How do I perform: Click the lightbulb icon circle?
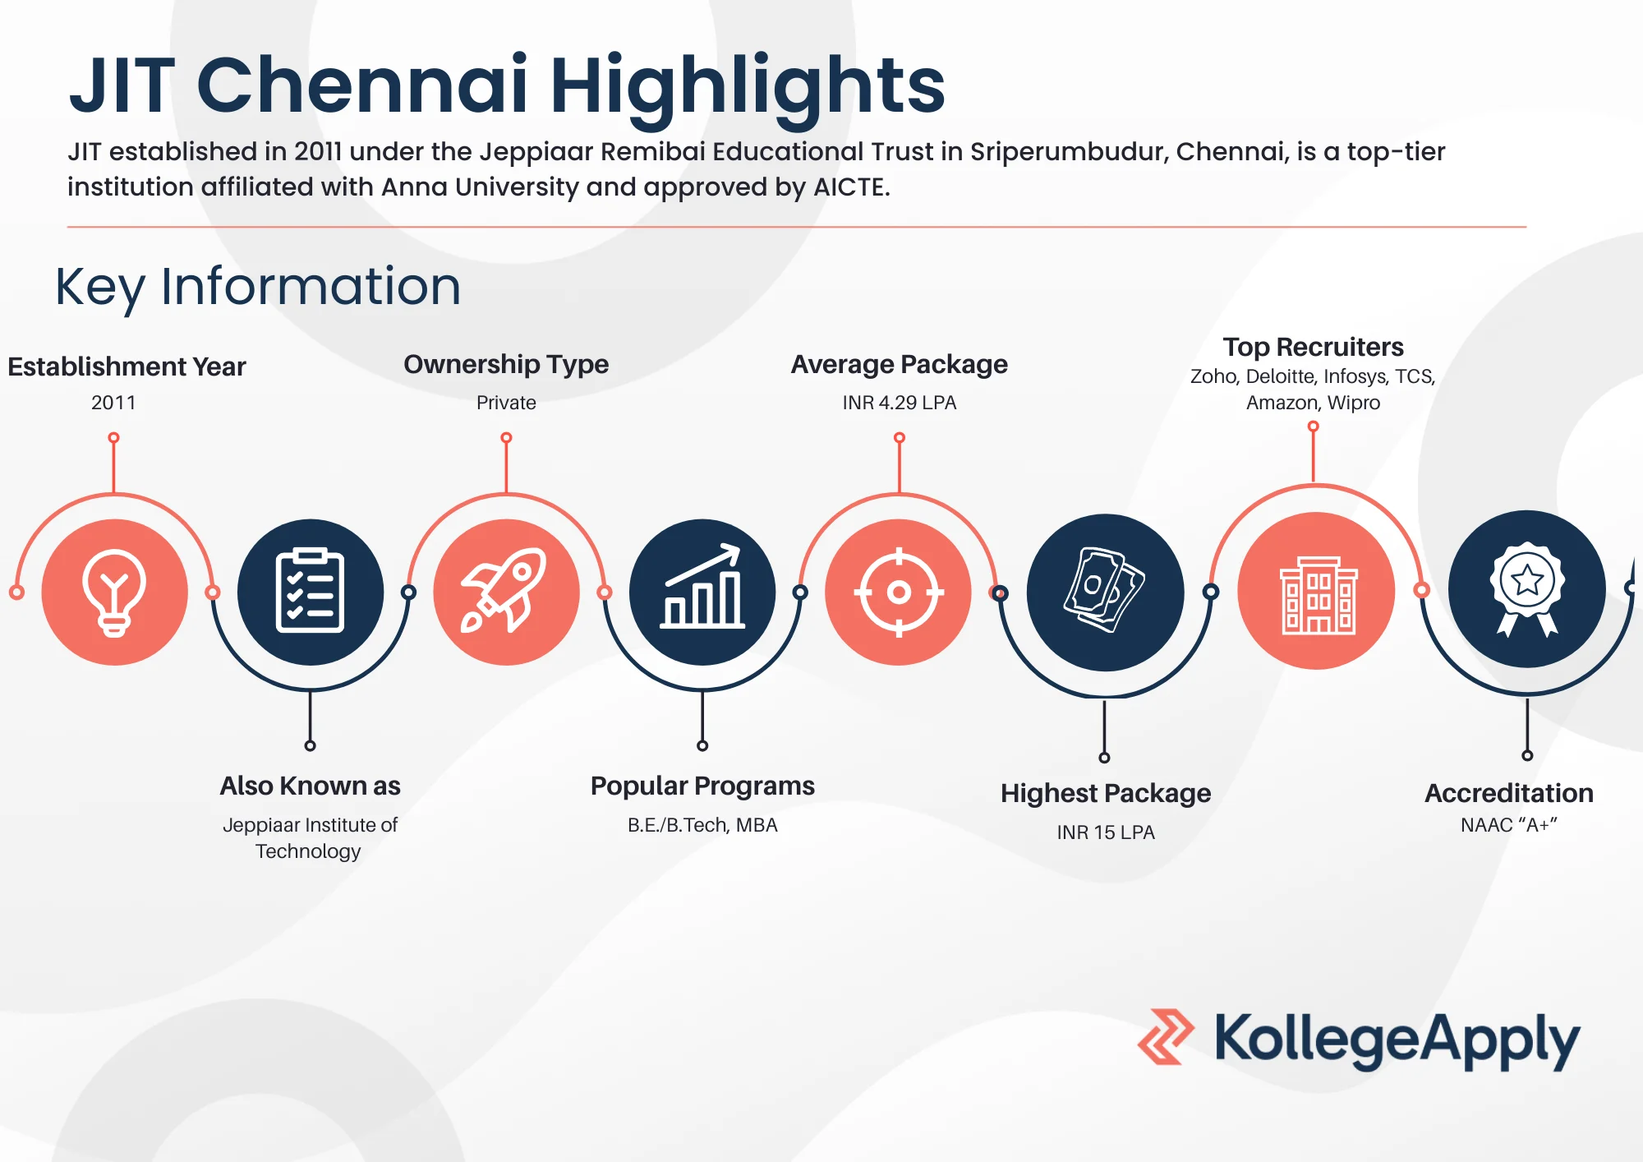pos(114,592)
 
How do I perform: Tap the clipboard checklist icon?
pos(310,592)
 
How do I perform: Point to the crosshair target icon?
pos(899,592)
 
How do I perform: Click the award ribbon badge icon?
pos(1527,588)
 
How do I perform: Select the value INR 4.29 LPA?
pos(900,403)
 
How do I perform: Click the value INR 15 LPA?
pos(1106,832)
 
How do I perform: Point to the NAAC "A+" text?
pos(1509,825)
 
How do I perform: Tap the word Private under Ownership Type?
pos(506,403)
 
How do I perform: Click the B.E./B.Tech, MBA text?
pos(702,825)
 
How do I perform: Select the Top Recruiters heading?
pos(1313,347)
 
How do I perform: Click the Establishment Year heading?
pos(127,367)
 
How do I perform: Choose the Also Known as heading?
pos(310,786)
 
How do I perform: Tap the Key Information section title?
pos(258,288)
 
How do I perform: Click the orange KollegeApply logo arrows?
pos(1166,1037)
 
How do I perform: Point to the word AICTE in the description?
pos(852,187)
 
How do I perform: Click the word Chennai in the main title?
pos(361,85)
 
